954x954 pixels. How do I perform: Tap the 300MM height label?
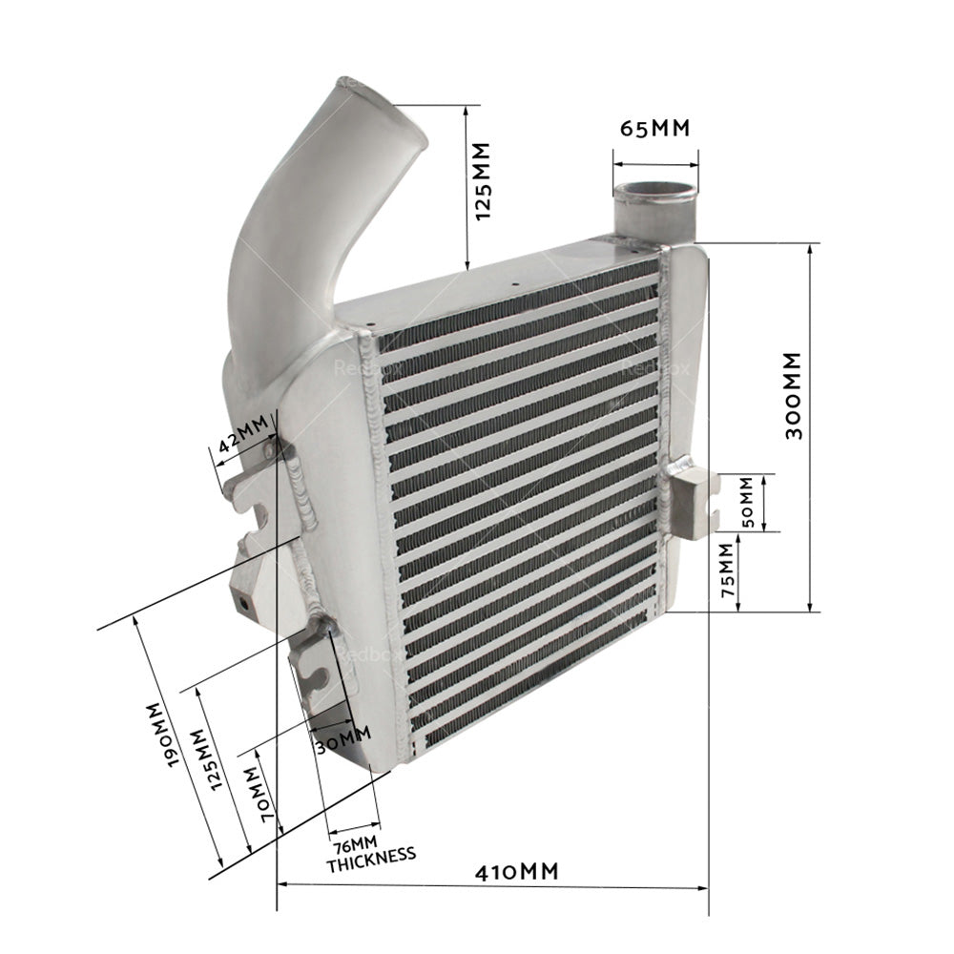pyautogui.click(x=793, y=395)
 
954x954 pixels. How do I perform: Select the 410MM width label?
pyautogui.click(x=520, y=870)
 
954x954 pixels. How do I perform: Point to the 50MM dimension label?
pyautogui.click(x=749, y=503)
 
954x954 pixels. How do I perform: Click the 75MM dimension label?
pyautogui.click(x=728, y=570)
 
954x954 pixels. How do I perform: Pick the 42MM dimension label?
pyautogui.click(x=243, y=438)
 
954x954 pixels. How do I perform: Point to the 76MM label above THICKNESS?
pyautogui.click(x=354, y=843)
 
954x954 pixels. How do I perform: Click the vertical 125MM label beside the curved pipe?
pyautogui.click(x=482, y=181)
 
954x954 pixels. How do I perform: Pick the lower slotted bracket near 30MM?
pyautogui.click(x=318, y=668)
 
